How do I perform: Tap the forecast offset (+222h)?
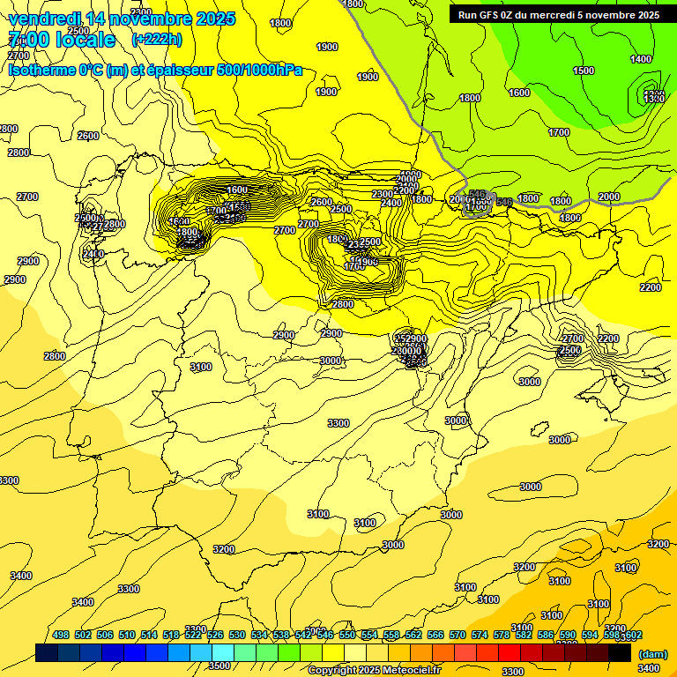tap(157, 39)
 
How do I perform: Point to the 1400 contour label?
tap(641, 59)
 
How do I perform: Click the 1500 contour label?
tap(584, 71)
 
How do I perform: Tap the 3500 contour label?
tap(219, 666)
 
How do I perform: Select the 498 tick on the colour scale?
tap(61, 635)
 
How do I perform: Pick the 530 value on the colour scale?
tap(237, 635)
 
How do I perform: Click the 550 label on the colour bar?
tap(347, 635)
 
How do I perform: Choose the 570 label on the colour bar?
tap(457, 635)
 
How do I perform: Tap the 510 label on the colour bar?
tap(127, 635)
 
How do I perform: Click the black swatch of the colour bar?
tap(620, 652)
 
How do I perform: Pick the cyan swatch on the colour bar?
tap(223, 652)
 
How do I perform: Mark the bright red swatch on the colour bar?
tap(510, 652)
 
